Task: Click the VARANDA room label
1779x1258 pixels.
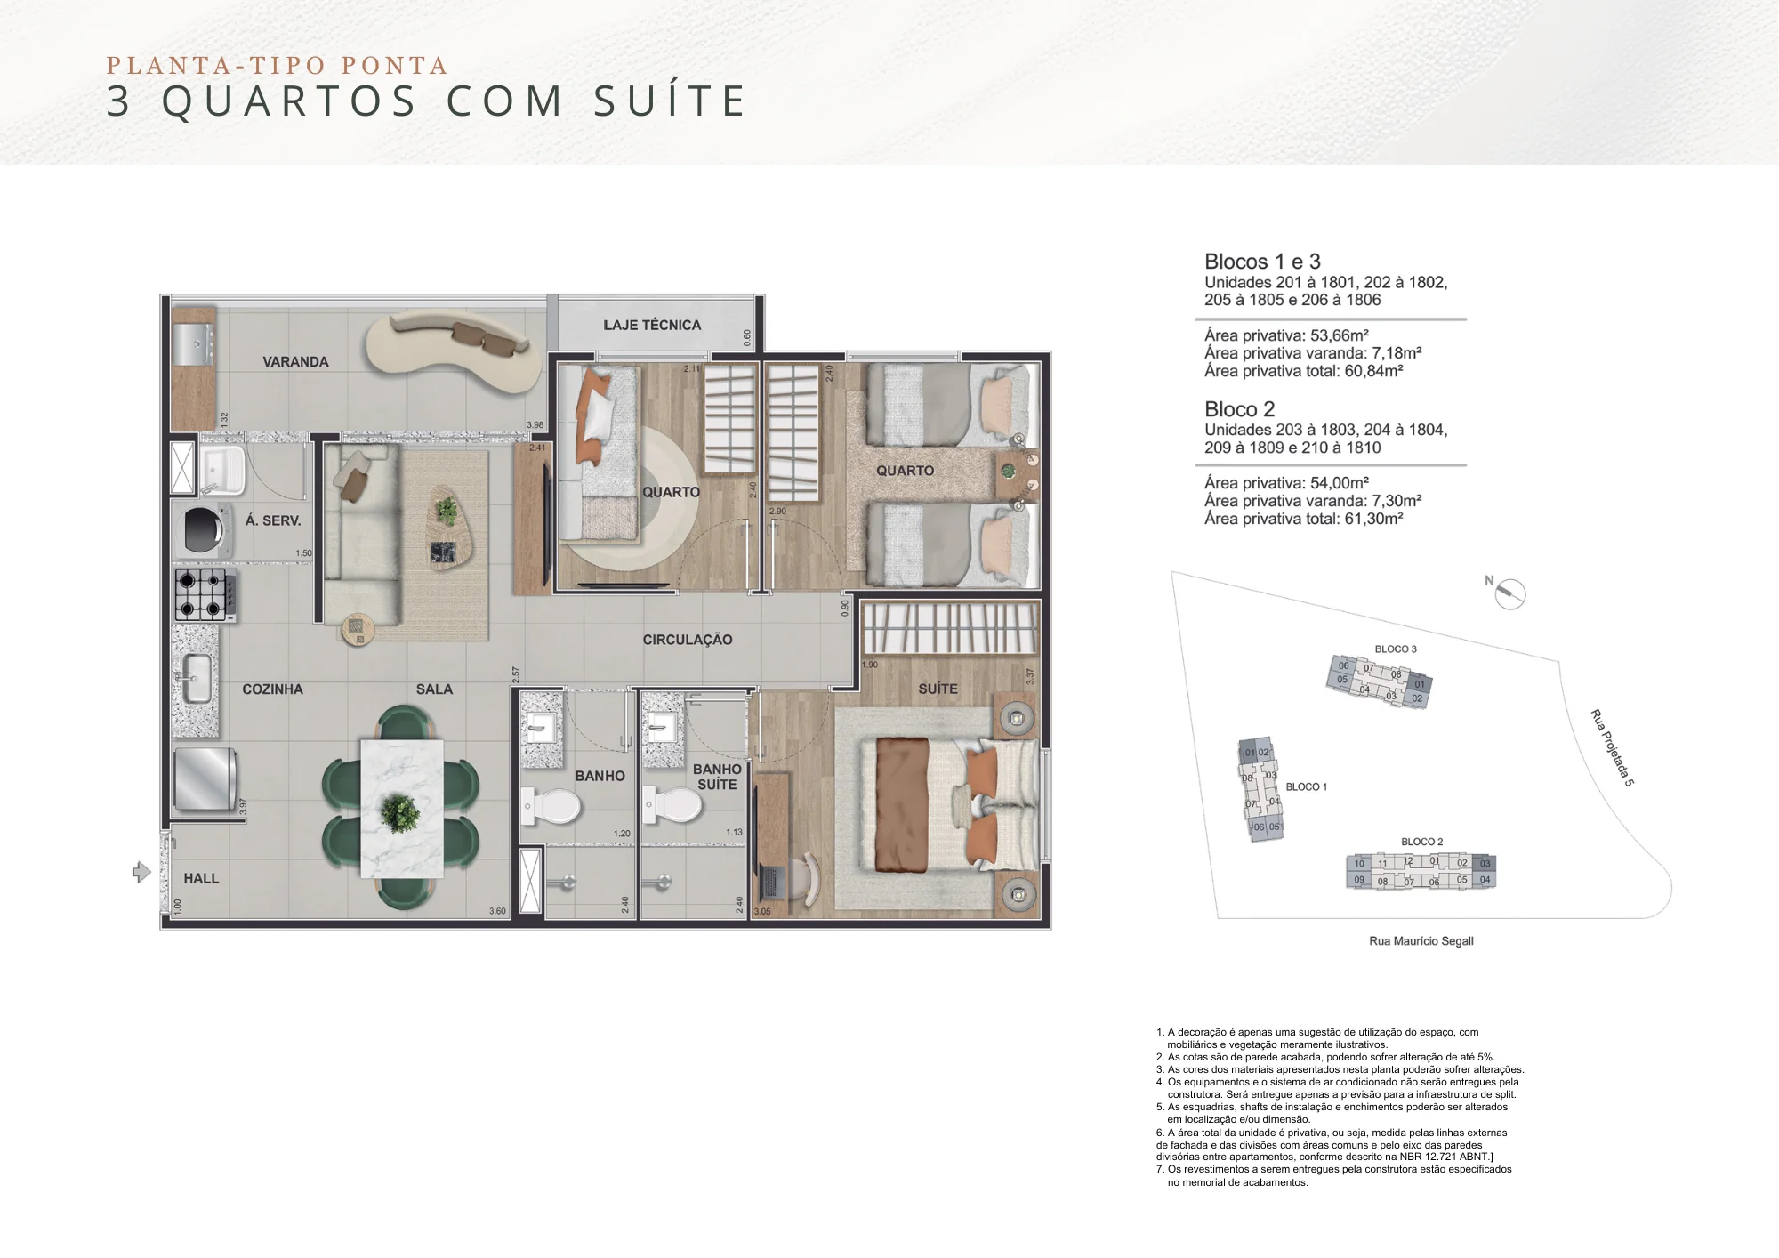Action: pos(295,362)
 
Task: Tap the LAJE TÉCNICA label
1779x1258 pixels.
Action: pos(652,326)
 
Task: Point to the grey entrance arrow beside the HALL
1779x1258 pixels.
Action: pos(141,872)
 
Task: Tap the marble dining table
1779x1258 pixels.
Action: pos(401,808)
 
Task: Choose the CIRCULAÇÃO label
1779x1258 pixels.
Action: pos(688,640)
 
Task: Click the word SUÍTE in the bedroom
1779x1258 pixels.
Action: pos(938,689)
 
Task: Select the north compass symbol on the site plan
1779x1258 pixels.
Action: pos(1509,593)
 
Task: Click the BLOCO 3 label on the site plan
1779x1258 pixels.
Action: pos(1396,649)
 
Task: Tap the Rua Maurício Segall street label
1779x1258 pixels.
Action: pos(1421,941)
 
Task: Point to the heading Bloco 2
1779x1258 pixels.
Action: pos(1239,409)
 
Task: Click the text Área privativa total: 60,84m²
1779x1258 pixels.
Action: pos(1303,371)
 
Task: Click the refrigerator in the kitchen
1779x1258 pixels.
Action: pos(205,778)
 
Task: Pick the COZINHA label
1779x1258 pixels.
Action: pos(272,689)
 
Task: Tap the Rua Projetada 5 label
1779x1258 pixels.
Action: pos(1612,747)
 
